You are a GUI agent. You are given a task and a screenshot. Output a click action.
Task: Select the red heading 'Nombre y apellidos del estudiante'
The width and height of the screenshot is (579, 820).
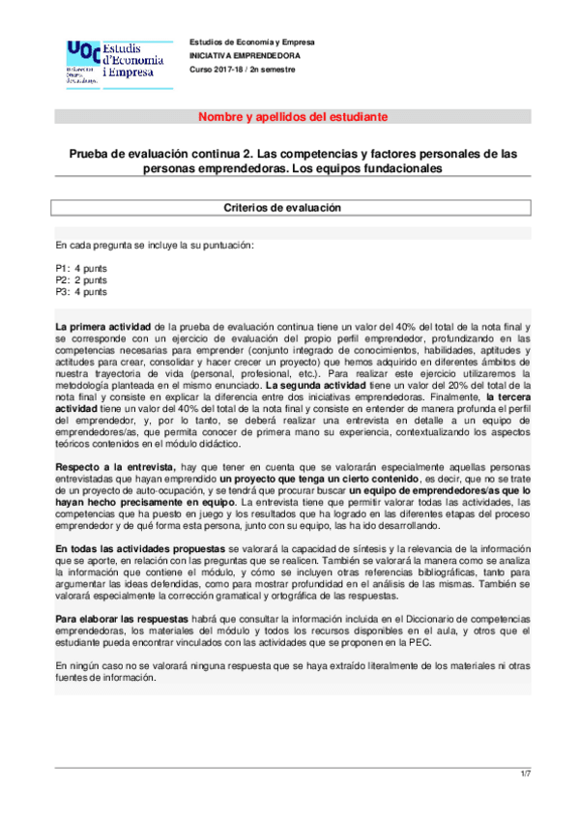(293, 117)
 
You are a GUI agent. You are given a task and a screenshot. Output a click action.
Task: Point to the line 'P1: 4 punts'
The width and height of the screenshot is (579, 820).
(82, 268)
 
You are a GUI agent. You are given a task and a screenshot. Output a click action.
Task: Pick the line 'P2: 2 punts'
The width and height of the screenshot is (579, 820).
(82, 279)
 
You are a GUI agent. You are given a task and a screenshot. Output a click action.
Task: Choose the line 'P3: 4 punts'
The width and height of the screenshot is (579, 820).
(82, 291)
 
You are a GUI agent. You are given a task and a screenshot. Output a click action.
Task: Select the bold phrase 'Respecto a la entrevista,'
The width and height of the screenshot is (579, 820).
(115, 465)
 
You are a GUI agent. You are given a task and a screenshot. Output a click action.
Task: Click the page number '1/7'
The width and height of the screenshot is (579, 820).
(526, 773)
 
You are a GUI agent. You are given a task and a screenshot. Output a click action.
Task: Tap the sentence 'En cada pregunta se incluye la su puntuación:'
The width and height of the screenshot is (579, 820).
(155, 245)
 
